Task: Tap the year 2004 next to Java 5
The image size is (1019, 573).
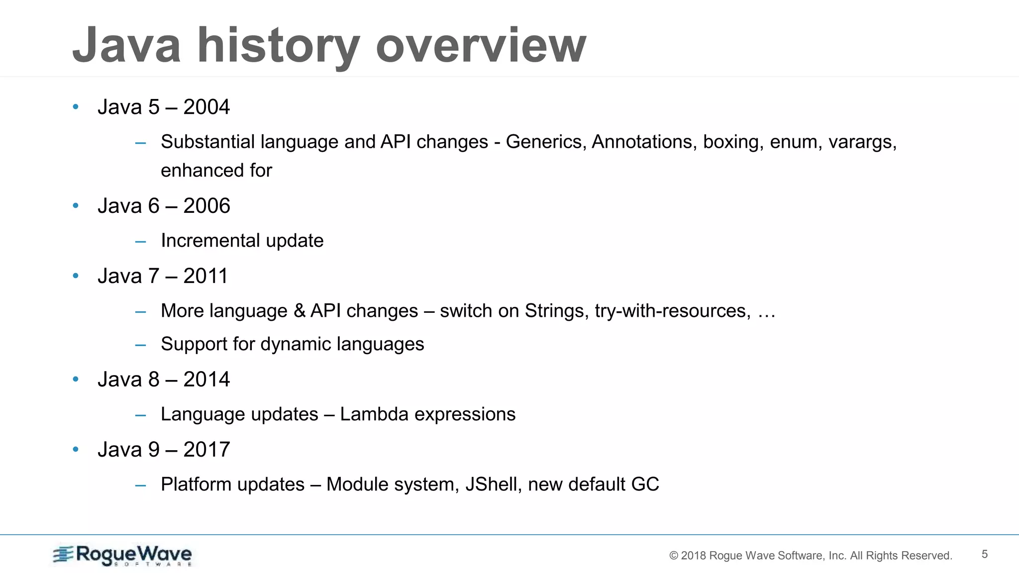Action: pos(206,107)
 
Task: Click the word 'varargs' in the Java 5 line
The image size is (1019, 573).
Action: pos(862,142)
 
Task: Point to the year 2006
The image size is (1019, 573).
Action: pos(206,206)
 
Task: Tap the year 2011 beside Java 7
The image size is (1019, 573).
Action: pos(205,276)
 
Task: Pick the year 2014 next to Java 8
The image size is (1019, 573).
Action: pos(206,380)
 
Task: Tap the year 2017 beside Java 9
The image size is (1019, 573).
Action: pos(206,450)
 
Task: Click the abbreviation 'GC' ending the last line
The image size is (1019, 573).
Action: pos(645,484)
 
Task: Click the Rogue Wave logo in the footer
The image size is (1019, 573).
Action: pos(122,555)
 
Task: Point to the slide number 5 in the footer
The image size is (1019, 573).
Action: pos(984,554)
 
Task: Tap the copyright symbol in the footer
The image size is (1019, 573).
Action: pos(674,556)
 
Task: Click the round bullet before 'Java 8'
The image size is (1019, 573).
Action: pos(76,380)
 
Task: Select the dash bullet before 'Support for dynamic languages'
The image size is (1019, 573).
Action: pos(140,345)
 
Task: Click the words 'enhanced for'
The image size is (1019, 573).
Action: pos(216,171)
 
